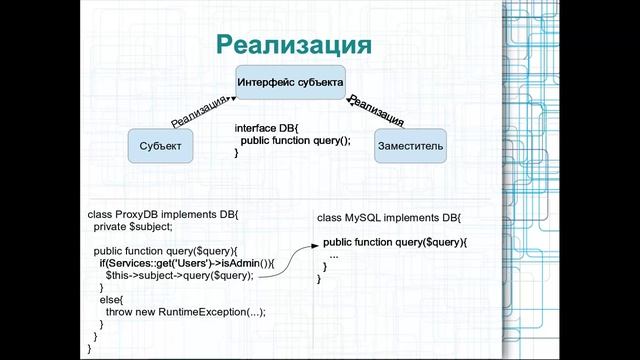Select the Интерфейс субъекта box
[291, 82]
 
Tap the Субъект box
[161, 147]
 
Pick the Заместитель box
[410, 147]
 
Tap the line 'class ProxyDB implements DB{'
[164, 215]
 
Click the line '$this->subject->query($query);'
[179, 274]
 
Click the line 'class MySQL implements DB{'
[389, 217]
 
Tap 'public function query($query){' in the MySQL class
[395, 242]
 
